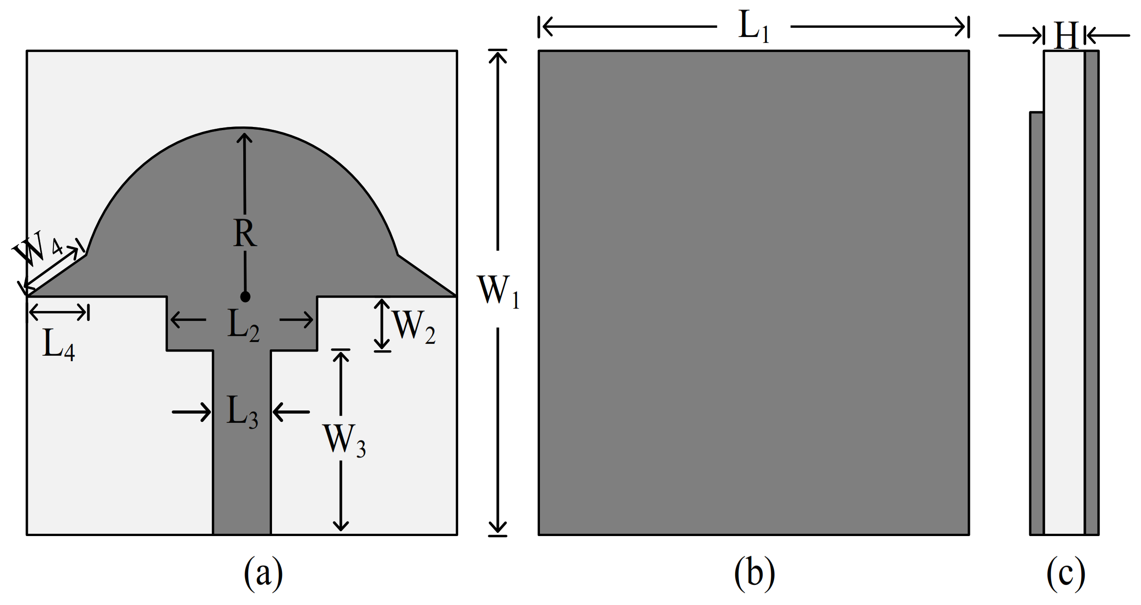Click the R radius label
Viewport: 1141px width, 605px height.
pyautogui.click(x=245, y=233)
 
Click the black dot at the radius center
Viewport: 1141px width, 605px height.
pyautogui.click(x=245, y=297)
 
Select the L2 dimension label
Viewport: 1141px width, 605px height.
pyautogui.click(x=243, y=326)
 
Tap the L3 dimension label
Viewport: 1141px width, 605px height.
pyautogui.click(x=242, y=412)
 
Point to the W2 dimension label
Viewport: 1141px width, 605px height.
pyautogui.click(x=413, y=327)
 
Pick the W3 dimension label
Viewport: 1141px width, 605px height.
pyautogui.click(x=345, y=441)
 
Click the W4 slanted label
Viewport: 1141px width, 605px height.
pyautogui.click(x=37, y=249)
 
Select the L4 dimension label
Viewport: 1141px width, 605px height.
pyautogui.click(x=58, y=345)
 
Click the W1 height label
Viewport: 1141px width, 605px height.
pyautogui.click(x=498, y=291)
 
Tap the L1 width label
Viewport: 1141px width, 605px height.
pyautogui.click(x=754, y=26)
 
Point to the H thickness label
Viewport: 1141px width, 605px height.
pyautogui.click(x=1066, y=36)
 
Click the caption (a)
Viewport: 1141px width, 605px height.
pyautogui.click(x=263, y=573)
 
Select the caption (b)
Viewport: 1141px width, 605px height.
pyautogui.click(x=754, y=573)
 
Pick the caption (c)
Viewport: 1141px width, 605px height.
pyautogui.click(x=1066, y=573)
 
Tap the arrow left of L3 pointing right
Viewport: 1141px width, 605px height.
pyautogui.click(x=192, y=412)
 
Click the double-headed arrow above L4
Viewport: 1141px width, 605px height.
pyautogui.click(x=58, y=312)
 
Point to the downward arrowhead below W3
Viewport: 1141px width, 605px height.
pyautogui.click(x=341, y=525)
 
